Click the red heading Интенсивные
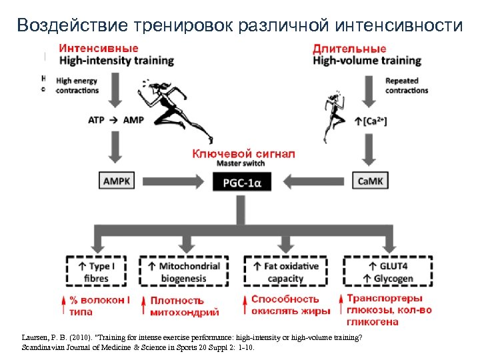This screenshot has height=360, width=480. pyautogui.click(x=98, y=48)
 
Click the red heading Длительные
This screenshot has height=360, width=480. pyautogui.click(x=349, y=48)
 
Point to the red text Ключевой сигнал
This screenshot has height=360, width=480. pyautogui.click(x=243, y=153)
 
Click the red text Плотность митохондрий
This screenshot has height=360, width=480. pyautogui.click(x=185, y=306)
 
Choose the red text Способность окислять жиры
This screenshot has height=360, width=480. pyautogui.click(x=291, y=305)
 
